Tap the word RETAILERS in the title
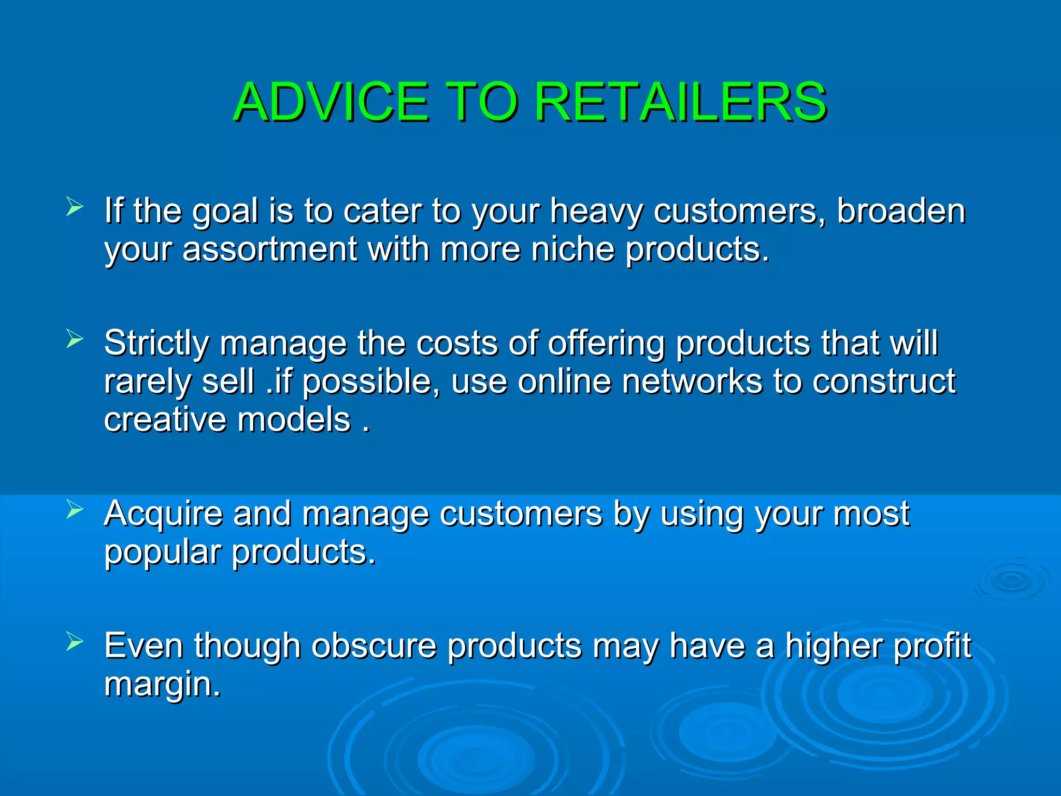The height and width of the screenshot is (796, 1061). [x=680, y=102]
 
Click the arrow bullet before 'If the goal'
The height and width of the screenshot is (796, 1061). [x=75, y=207]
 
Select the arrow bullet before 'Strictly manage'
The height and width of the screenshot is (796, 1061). [x=75, y=339]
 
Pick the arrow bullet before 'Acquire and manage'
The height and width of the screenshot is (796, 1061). [x=75, y=510]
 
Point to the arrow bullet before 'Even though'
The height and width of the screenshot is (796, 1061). [x=75, y=642]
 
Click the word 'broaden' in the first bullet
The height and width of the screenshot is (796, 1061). [x=901, y=211]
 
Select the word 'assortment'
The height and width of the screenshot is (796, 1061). [x=270, y=250]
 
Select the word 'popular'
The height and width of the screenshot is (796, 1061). [x=163, y=553]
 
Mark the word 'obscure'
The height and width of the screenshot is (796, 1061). [x=374, y=647]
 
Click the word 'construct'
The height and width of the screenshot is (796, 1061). [x=883, y=382]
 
